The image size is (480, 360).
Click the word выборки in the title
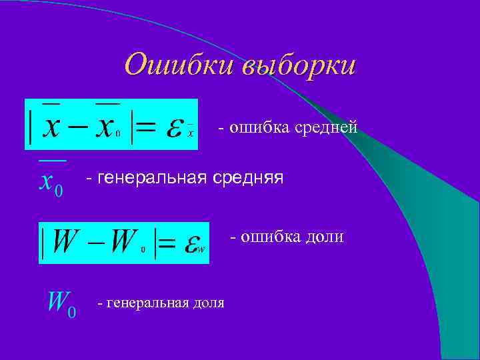point(298,67)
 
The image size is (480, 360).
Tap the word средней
point(327,126)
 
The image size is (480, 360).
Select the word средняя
point(247,178)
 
